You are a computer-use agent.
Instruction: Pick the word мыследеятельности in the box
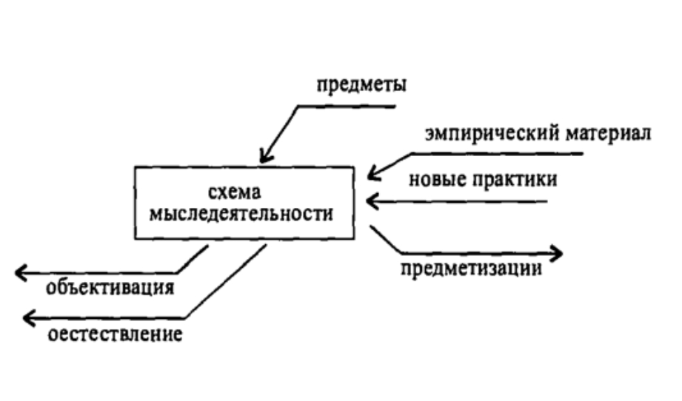coord(241,214)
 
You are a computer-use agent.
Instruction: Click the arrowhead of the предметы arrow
coord(264,158)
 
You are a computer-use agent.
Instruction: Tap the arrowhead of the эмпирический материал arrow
coord(372,176)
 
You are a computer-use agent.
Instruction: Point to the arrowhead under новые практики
coord(372,200)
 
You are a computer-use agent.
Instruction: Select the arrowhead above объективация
coord(21,272)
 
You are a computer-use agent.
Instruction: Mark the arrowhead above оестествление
coord(28,318)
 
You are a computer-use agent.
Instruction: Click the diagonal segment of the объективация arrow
coord(193,260)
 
